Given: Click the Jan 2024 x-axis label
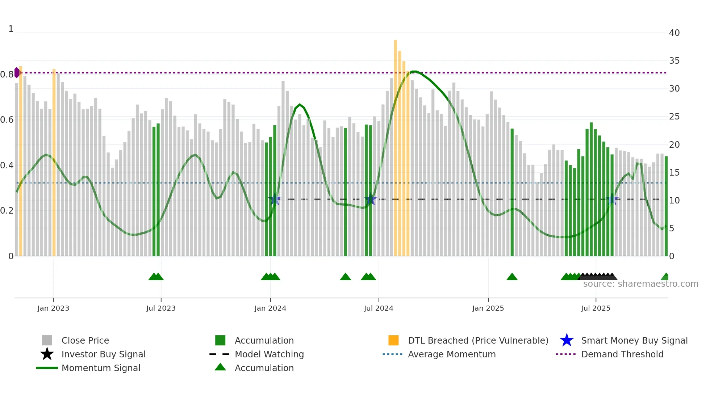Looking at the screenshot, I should pyautogui.click(x=270, y=308).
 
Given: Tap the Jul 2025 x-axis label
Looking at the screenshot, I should pyautogui.click(x=596, y=308).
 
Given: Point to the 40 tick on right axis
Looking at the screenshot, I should pyautogui.click(x=674, y=33).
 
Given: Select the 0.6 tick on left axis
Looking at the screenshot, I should pyautogui.click(x=7, y=120).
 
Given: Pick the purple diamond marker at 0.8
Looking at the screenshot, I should pyautogui.click(x=17, y=72).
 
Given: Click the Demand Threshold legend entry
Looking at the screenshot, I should pyautogui.click(x=622, y=354).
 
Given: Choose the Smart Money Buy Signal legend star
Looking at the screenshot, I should pyautogui.click(x=567, y=340).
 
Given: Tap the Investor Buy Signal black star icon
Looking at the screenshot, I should pyautogui.click(x=47, y=354).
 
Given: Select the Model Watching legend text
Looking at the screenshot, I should pyautogui.click(x=269, y=354).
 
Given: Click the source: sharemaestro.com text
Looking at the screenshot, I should pyautogui.click(x=640, y=284).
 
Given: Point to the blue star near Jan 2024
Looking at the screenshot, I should pyautogui.click(x=275, y=199).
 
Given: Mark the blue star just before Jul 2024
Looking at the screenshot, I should pyautogui.click(x=370, y=199).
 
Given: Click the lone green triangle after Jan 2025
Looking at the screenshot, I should pyautogui.click(x=512, y=277).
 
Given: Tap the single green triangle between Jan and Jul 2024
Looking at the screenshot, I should pyautogui.click(x=345, y=277).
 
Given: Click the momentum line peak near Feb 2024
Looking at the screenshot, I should pyautogui.click(x=299, y=105).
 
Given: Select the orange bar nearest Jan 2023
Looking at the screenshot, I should pyautogui.click(x=54, y=163).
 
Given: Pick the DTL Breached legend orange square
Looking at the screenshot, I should pyautogui.click(x=393, y=340).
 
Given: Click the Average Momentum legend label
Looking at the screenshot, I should pyautogui.click(x=452, y=354).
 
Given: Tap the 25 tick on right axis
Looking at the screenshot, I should pyautogui.click(x=674, y=117).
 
